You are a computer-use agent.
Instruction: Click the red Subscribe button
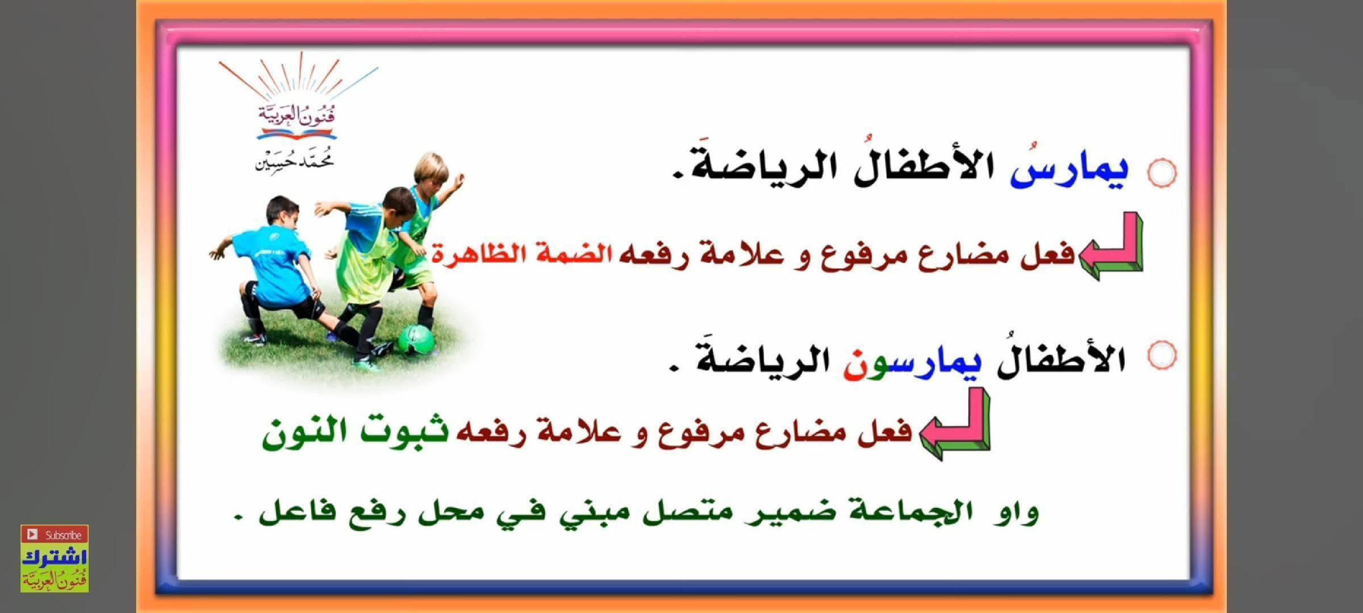[54, 534]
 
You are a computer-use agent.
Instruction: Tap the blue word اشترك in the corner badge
[54, 557]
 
